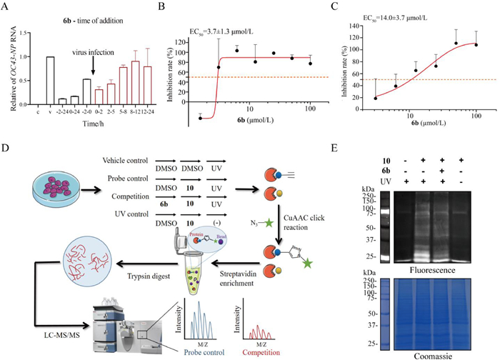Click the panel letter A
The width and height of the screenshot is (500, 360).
6,8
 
